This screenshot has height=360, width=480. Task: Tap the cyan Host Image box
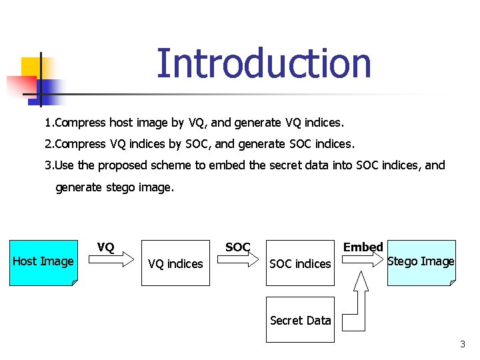tap(43, 262)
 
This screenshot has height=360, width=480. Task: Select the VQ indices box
tap(175, 264)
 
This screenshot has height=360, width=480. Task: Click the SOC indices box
tap(300, 264)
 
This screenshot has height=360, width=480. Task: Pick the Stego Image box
tap(421, 262)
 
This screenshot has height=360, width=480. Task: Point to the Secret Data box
tap(300, 320)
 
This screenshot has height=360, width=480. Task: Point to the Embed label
tap(363, 247)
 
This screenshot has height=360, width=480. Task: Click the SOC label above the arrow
tap(237, 247)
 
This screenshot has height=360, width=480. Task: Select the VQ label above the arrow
tap(106, 248)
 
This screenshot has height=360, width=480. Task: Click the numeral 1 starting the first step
tap(47, 123)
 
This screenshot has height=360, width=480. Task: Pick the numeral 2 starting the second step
tap(48, 144)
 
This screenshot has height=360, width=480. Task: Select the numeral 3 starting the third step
tap(48, 165)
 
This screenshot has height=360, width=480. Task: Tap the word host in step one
tap(121, 123)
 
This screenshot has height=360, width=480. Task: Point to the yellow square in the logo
tap(31, 67)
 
